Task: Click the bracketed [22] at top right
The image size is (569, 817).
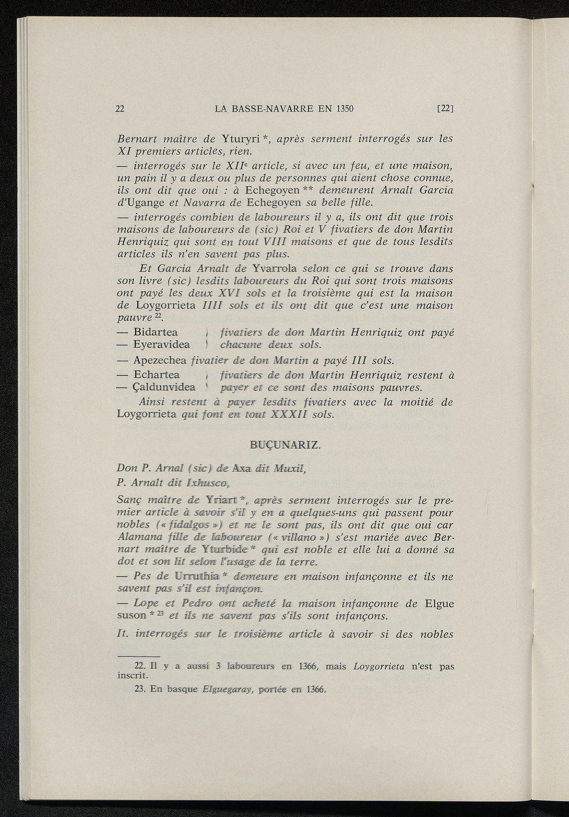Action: coord(446,108)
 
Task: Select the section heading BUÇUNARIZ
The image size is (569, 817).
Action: coord(285,446)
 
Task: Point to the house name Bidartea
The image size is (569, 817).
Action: coord(156,332)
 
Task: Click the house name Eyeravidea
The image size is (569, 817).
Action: coord(162,345)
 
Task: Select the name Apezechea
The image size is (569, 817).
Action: coord(160,360)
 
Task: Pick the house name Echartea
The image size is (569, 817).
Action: coord(156,375)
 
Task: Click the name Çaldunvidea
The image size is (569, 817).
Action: coord(164,387)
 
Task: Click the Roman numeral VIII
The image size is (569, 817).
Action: coord(274,242)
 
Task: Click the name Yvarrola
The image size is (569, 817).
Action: coord(274,269)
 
